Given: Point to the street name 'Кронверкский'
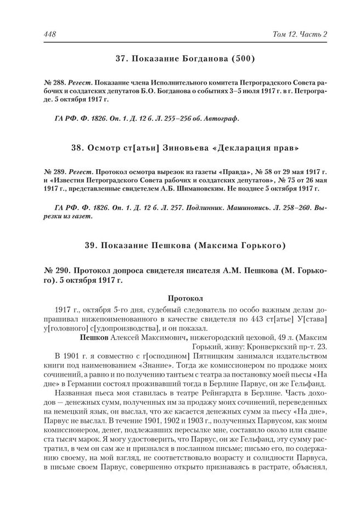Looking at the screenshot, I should tap(260, 347).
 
